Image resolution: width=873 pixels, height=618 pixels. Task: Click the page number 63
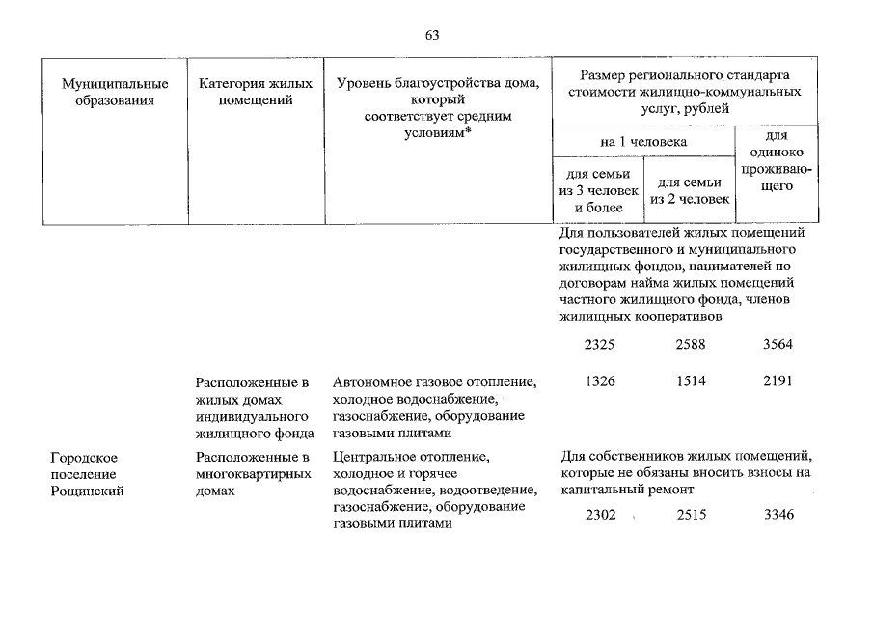[432, 35]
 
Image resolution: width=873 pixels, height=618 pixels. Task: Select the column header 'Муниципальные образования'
[115, 92]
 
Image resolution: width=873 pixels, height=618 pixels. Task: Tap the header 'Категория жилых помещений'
[256, 92]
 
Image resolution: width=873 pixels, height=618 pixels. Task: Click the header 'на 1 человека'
[643, 142]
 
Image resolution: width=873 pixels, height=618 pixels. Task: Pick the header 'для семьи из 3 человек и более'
[598, 190]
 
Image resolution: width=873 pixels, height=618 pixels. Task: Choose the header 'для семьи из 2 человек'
[690, 190]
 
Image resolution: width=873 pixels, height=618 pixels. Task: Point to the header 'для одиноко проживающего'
[777, 160]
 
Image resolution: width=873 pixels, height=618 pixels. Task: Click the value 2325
[599, 345]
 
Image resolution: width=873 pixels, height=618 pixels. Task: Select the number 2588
[691, 345]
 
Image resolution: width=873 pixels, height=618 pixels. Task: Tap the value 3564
[778, 345]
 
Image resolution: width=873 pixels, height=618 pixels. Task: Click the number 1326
[600, 381]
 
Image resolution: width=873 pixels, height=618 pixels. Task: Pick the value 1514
[691, 381]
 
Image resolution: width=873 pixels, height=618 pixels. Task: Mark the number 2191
[778, 381]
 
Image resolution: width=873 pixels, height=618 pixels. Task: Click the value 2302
[601, 515]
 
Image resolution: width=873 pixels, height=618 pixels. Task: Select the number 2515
[692, 515]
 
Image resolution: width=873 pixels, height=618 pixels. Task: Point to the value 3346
[778, 515]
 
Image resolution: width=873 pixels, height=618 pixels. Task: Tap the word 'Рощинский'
[87, 492]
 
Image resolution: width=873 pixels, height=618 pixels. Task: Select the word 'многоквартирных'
[254, 474]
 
